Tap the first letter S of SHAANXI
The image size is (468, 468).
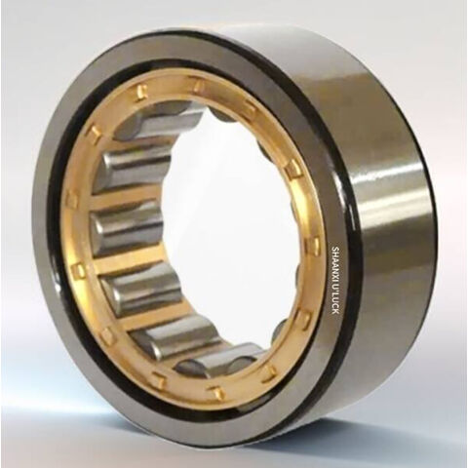(x=335, y=249)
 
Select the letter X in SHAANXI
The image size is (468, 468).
(x=335, y=272)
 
